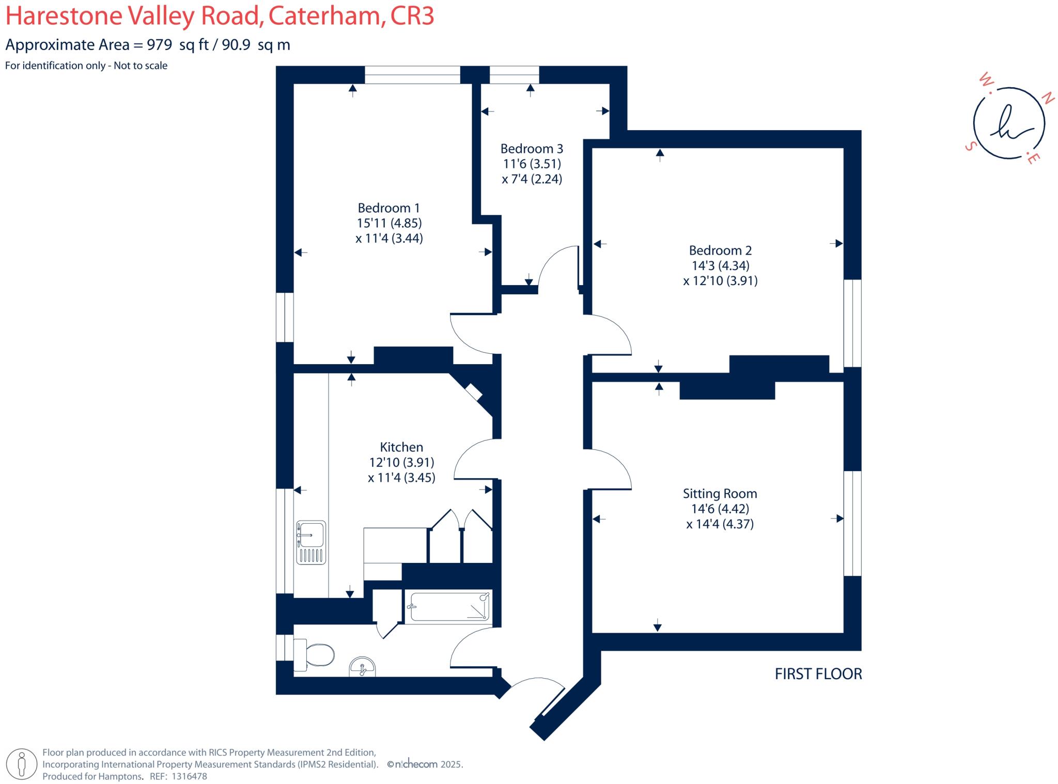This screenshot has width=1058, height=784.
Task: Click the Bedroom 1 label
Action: point(388,208)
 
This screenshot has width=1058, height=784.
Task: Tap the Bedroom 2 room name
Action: point(720,250)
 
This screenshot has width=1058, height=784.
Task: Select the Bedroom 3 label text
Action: point(532,149)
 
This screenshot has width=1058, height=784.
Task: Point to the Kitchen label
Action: point(401,447)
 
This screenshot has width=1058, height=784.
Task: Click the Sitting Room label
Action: point(720,494)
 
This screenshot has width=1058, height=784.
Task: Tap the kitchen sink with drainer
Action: point(310,542)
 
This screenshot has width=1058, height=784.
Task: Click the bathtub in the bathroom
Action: point(448,606)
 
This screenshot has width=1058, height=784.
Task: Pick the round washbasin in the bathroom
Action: point(362,667)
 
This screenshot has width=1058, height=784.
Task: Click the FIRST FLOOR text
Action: point(818,674)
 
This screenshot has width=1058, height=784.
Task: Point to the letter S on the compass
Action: point(970,146)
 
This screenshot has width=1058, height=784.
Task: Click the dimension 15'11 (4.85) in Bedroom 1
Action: point(389,223)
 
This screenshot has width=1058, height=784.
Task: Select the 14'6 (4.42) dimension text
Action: point(720,509)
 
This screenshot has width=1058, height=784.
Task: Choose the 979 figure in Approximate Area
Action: point(159,45)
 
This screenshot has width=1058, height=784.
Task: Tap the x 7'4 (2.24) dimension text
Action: point(532,179)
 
